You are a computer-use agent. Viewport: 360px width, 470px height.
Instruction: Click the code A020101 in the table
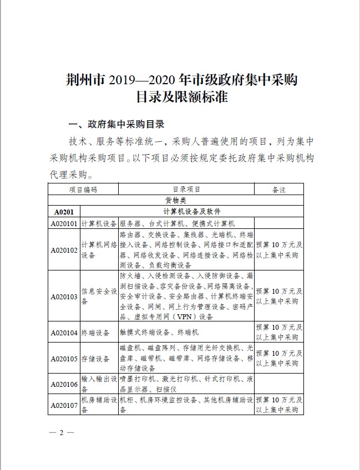tap(64, 223)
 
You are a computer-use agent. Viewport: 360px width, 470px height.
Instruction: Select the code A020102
tap(64, 250)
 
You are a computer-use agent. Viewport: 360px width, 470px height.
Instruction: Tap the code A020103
tap(64, 297)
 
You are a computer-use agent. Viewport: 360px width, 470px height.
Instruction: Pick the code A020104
tap(64, 333)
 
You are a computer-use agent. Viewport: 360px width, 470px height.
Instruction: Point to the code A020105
tap(64, 359)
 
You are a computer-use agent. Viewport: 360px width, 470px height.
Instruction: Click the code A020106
tap(64, 384)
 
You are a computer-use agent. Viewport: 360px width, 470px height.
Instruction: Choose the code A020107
tap(64, 405)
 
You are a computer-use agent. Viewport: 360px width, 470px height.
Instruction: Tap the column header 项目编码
tap(83, 190)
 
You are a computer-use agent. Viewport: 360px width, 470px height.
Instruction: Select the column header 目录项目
tap(186, 190)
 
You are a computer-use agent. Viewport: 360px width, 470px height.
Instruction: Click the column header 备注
tap(279, 190)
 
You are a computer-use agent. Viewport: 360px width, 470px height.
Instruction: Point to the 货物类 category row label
tap(176, 200)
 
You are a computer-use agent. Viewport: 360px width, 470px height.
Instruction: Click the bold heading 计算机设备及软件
tap(191, 212)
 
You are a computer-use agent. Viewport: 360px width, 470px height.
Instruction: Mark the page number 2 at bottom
tap(62, 432)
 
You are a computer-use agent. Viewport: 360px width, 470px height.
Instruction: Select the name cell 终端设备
tap(95, 333)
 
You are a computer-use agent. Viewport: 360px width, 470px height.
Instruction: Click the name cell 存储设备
tap(95, 359)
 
